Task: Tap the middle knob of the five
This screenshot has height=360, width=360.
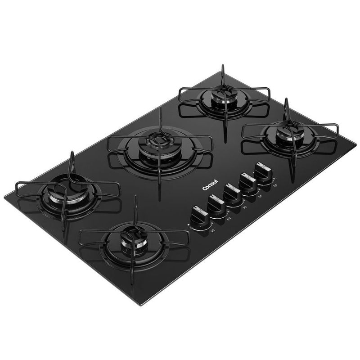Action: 233,194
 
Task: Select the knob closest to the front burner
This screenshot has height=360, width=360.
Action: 198,216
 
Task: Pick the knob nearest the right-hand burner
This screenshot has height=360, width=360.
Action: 263,171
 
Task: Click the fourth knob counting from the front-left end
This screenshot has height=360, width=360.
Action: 248,182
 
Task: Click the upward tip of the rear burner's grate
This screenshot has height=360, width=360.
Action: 222,66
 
